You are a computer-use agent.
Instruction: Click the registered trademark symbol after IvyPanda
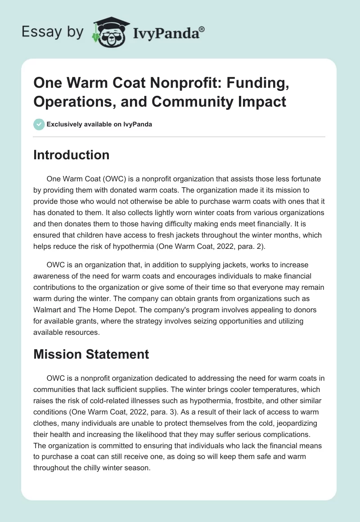click(x=202, y=29)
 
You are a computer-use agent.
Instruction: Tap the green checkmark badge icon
click(x=39, y=124)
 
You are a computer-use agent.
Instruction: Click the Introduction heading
click(x=71, y=155)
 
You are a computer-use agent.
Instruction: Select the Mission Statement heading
click(x=91, y=354)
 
